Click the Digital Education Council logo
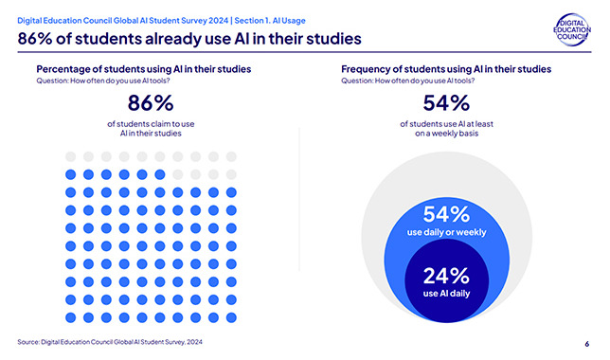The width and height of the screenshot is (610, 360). point(572,30)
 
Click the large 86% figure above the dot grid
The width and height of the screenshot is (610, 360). point(151,103)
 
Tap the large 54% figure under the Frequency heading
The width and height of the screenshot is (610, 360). point(446,103)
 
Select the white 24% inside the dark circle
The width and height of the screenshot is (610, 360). point(446,276)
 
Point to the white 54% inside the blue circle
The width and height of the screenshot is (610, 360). point(446,214)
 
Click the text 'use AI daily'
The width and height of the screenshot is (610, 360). point(446,294)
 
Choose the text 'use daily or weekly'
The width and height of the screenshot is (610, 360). point(447,232)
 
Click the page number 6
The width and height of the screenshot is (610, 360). point(586,344)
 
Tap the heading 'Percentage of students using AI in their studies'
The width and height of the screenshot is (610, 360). point(144,69)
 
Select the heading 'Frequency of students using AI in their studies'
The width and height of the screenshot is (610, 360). point(446,69)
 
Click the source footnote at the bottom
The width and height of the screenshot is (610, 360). point(110,342)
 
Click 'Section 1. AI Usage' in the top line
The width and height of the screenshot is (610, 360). point(270,21)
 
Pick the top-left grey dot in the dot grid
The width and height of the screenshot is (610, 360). point(70,157)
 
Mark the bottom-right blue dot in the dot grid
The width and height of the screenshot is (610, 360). point(231,317)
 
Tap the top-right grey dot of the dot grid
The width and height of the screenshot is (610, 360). point(231,157)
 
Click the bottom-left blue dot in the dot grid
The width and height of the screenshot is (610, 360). point(70,317)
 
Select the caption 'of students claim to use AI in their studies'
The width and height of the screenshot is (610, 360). point(151,129)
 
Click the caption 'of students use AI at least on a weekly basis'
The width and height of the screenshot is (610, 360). point(446,129)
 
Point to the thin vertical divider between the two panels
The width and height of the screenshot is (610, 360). point(299,199)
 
